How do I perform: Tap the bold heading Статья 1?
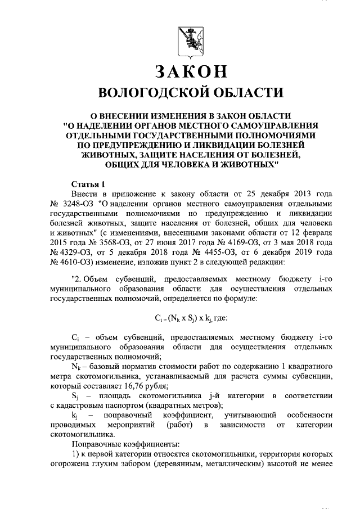[89, 184]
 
